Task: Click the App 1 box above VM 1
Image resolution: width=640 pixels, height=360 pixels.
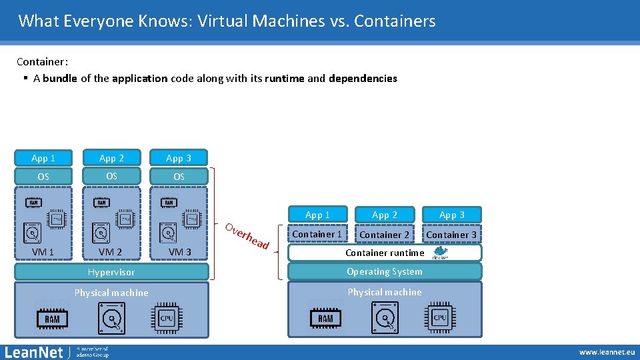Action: [43, 158]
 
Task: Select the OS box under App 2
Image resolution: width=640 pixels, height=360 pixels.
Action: [111, 176]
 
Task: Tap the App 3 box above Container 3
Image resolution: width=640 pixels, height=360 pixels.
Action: [451, 215]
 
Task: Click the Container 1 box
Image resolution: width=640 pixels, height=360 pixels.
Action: [317, 234]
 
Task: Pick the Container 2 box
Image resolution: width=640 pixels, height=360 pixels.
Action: [385, 235]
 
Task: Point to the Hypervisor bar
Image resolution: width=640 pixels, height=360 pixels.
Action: [111, 272]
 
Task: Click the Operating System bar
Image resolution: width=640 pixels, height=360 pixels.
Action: [384, 271]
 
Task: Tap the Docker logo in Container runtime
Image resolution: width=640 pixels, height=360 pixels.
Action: [441, 253]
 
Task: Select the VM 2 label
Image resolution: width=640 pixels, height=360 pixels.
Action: [110, 252]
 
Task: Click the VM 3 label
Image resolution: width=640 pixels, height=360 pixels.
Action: [180, 252]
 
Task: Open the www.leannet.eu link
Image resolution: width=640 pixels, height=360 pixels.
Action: [607, 352]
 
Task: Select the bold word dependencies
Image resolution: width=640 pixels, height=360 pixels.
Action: [363, 79]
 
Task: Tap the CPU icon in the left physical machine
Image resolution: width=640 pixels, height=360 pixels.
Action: [167, 318]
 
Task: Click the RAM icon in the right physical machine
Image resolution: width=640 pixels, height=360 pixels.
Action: [325, 318]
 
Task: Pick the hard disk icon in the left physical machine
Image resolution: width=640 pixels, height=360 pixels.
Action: [111, 318]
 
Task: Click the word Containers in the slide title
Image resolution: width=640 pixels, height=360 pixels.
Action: [395, 21]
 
